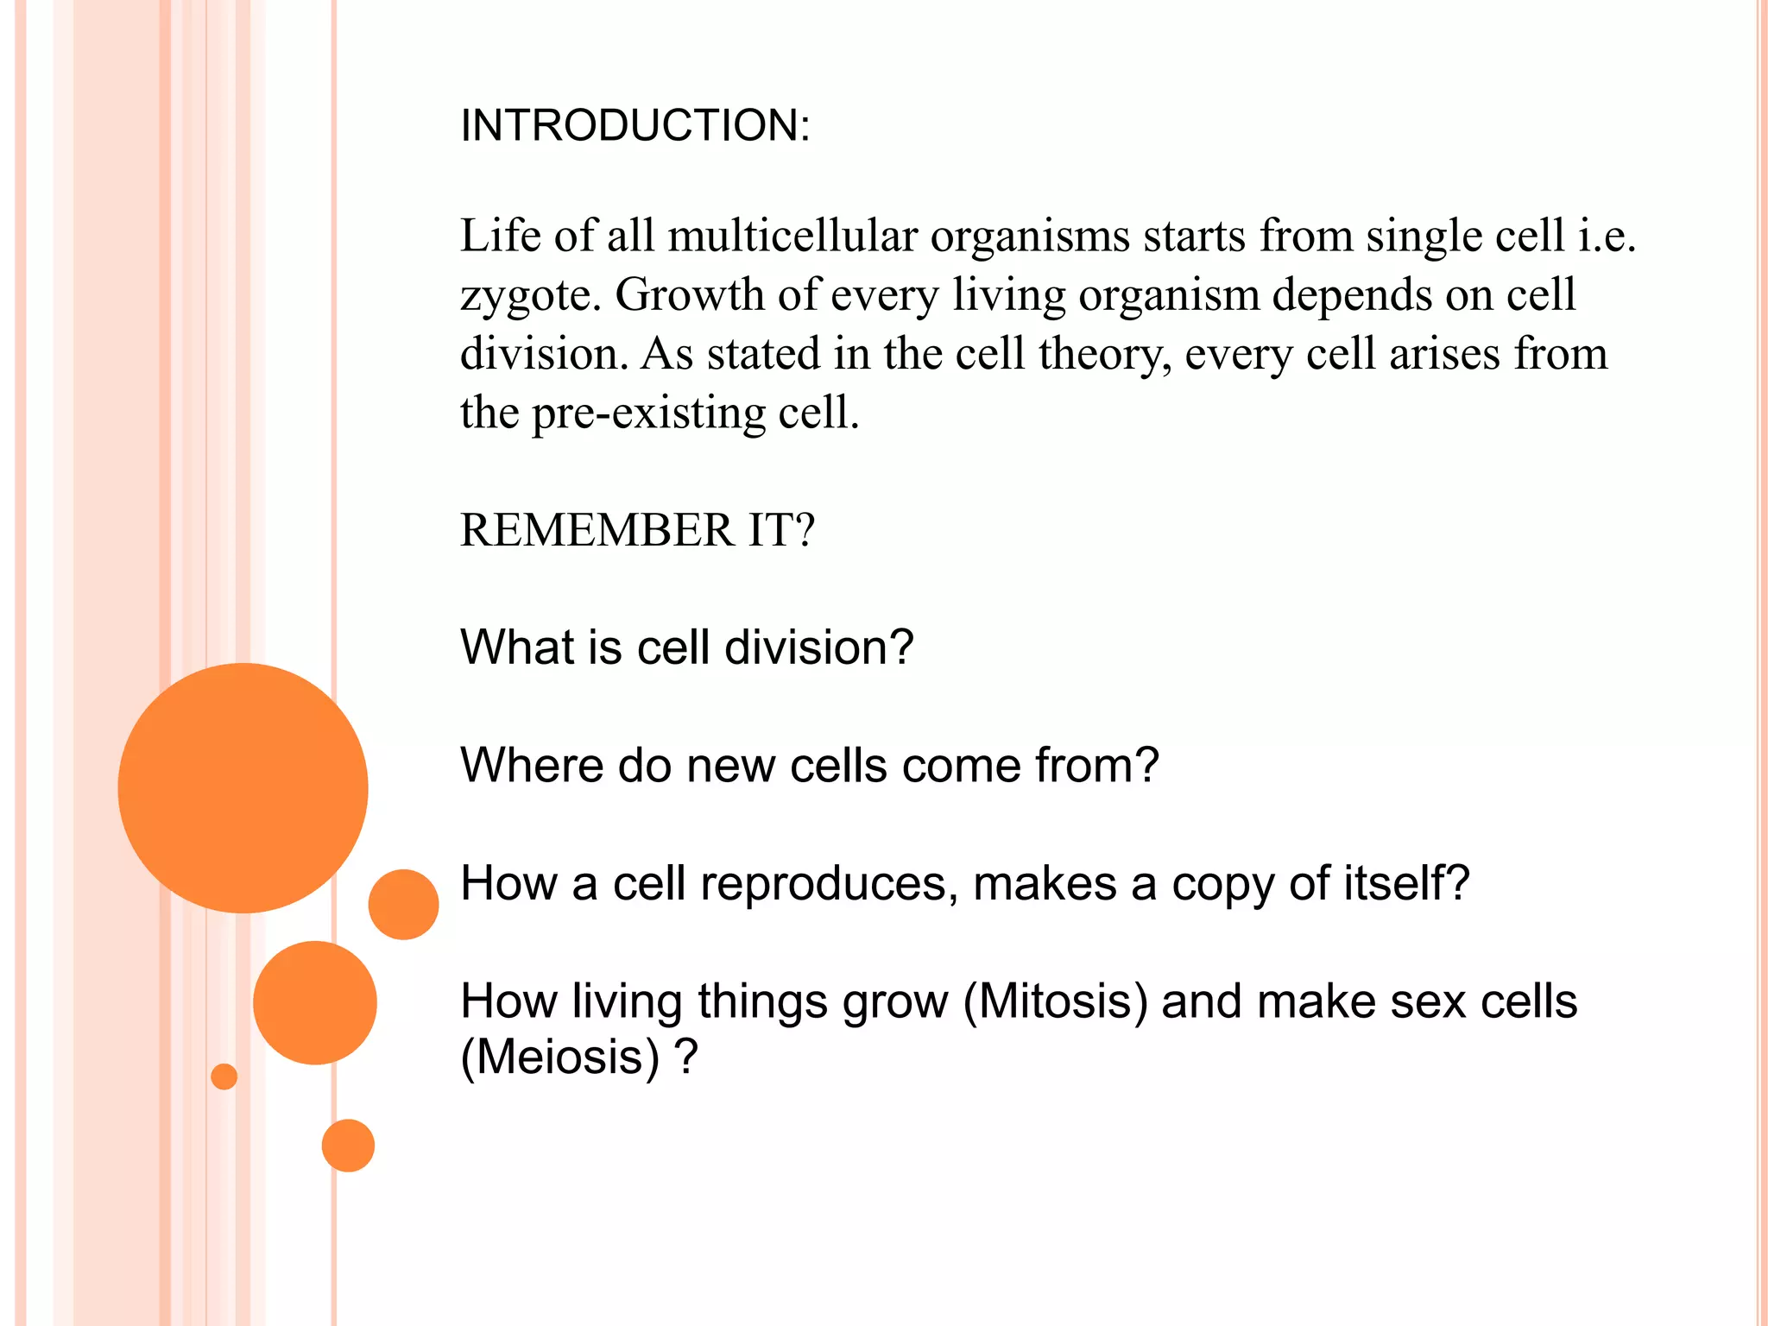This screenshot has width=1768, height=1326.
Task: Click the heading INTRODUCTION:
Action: [635, 126]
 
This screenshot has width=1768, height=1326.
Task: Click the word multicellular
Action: [792, 236]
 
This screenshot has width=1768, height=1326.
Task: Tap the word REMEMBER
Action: [597, 530]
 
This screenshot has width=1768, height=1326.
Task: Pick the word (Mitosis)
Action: [1056, 1002]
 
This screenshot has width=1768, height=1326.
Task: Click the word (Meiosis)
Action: [560, 1058]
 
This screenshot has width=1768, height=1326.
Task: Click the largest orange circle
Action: [243, 787]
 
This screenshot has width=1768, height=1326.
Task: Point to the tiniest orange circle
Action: [224, 1077]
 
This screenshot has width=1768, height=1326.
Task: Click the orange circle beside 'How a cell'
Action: [403, 904]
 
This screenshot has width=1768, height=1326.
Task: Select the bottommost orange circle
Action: [348, 1146]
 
